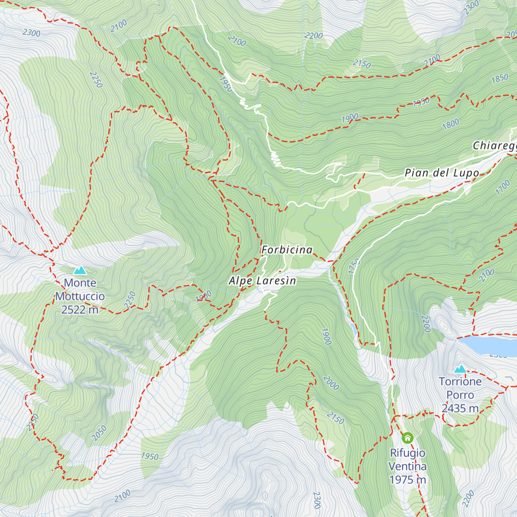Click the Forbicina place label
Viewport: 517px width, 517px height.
[x=287, y=250]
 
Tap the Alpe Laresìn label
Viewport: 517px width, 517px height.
[x=262, y=281]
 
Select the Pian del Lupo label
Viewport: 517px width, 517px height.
[x=442, y=173]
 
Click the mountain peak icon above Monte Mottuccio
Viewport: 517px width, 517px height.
[x=80, y=270]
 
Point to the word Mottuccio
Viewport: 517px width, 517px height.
[x=80, y=296]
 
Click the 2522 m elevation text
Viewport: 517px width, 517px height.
[x=80, y=310]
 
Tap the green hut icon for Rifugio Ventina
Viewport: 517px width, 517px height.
[x=408, y=438]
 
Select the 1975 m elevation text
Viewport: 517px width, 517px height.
[x=408, y=480]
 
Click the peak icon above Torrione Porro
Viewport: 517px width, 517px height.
[x=460, y=369]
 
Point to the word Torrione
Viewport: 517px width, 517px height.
[x=460, y=382]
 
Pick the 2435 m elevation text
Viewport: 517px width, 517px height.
[x=460, y=408]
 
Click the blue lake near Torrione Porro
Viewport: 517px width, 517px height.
[x=487, y=344]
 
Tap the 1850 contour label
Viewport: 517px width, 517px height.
[x=500, y=79]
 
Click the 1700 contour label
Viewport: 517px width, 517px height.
[x=503, y=188]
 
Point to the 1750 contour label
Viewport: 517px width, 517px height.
[x=354, y=266]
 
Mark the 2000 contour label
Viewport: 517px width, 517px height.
[x=331, y=383]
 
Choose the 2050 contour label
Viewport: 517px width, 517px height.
[x=99, y=433]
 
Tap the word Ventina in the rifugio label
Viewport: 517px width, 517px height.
[x=408, y=466]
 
